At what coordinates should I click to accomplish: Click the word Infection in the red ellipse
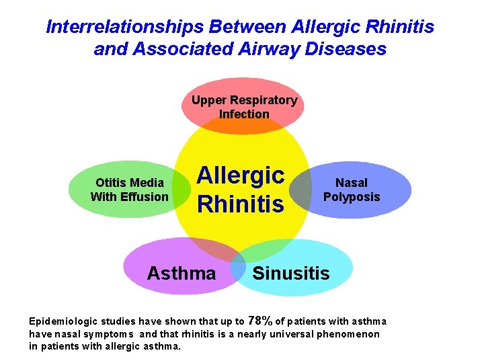coord(244,114)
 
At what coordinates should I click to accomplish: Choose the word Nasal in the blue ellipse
coord(352,183)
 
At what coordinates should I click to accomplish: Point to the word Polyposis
coord(352,197)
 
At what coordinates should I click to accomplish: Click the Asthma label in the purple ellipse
coord(182,273)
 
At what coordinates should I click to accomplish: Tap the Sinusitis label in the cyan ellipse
coord(291,273)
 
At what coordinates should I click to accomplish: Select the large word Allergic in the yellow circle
coord(241,175)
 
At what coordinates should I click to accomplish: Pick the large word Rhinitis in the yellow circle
coord(241,204)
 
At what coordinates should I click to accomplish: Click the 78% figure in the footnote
coord(260,320)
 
